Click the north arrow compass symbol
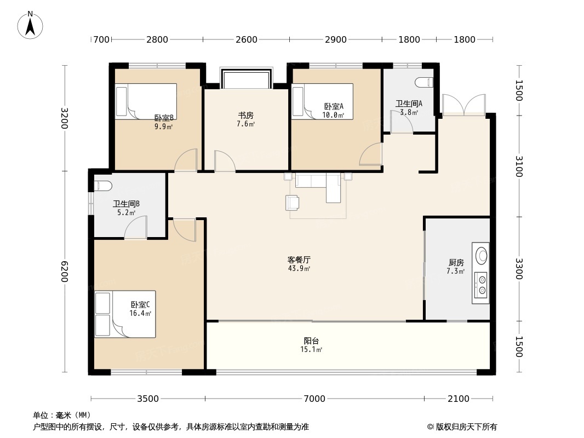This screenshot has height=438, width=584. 31,24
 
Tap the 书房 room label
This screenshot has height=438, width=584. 245,116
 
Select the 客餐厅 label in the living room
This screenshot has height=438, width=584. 299,260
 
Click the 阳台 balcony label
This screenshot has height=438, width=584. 311,341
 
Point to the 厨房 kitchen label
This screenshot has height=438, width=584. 455,262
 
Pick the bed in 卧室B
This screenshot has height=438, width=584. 146,101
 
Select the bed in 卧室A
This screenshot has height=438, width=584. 322,101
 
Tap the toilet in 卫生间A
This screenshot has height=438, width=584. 425,83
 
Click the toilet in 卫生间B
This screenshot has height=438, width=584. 103,185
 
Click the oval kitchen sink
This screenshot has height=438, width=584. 482,256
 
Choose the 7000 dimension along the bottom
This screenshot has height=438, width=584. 314,399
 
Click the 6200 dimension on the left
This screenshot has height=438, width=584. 65,272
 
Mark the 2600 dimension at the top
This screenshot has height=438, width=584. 247,39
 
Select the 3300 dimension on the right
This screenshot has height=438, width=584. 519,269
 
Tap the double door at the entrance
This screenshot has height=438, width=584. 463,105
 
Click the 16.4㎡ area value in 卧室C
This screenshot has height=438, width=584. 140,314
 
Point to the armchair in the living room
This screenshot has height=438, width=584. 293,203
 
